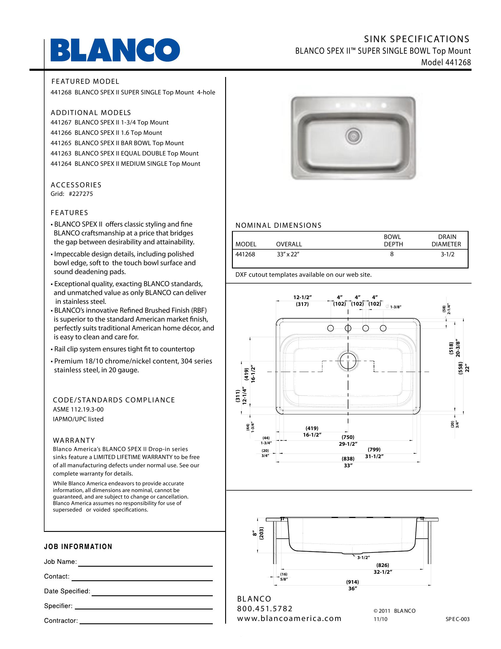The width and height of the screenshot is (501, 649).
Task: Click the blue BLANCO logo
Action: (x=115, y=50)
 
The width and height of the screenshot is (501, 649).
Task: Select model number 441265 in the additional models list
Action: (x=61, y=143)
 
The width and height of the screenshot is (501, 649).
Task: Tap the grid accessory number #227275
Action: (x=81, y=194)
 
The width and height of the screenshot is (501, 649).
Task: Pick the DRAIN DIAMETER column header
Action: (x=446, y=241)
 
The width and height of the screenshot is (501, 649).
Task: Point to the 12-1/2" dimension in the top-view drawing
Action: (x=302, y=297)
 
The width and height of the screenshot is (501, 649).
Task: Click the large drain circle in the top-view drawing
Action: (x=348, y=361)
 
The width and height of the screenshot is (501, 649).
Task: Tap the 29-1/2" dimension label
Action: (x=348, y=444)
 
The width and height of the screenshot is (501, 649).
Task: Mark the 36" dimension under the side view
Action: (x=352, y=589)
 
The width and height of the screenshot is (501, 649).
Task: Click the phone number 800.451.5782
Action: (x=265, y=609)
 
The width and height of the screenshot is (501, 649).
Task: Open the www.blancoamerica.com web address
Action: (x=289, y=619)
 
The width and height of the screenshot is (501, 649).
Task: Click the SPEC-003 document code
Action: (x=457, y=619)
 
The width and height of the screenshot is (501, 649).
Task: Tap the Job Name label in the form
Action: (x=60, y=562)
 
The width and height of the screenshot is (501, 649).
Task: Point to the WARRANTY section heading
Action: (x=74, y=440)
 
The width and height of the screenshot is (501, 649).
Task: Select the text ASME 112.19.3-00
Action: (x=78, y=409)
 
